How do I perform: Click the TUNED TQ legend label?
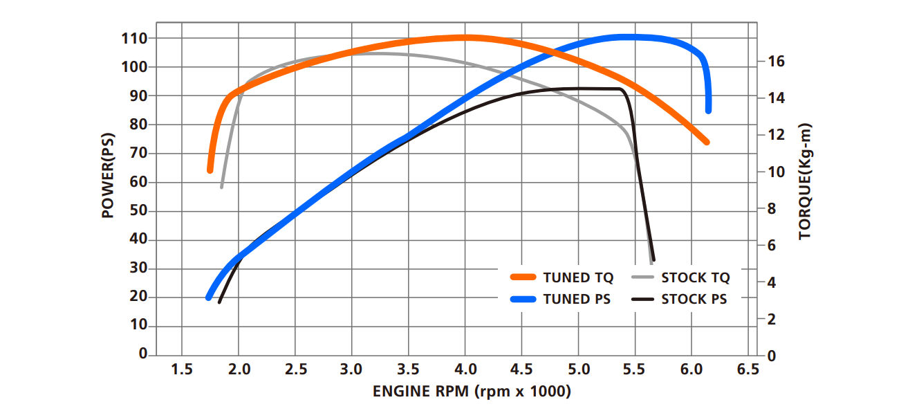(x=578, y=278)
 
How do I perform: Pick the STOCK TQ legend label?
(x=695, y=278)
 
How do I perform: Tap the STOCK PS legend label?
(x=694, y=300)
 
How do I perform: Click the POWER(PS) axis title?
(x=108, y=176)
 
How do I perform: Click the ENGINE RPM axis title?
(x=472, y=392)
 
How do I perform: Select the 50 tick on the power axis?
(x=139, y=211)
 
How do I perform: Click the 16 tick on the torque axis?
(x=775, y=62)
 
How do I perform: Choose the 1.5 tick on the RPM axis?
(x=182, y=369)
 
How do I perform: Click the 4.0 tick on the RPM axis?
(x=465, y=369)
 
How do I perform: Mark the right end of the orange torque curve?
(x=706, y=142)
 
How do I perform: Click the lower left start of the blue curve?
(x=208, y=297)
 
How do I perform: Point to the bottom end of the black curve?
(x=653, y=259)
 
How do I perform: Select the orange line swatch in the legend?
(x=523, y=277)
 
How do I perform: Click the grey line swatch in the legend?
(x=642, y=277)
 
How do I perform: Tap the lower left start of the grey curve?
(x=222, y=187)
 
